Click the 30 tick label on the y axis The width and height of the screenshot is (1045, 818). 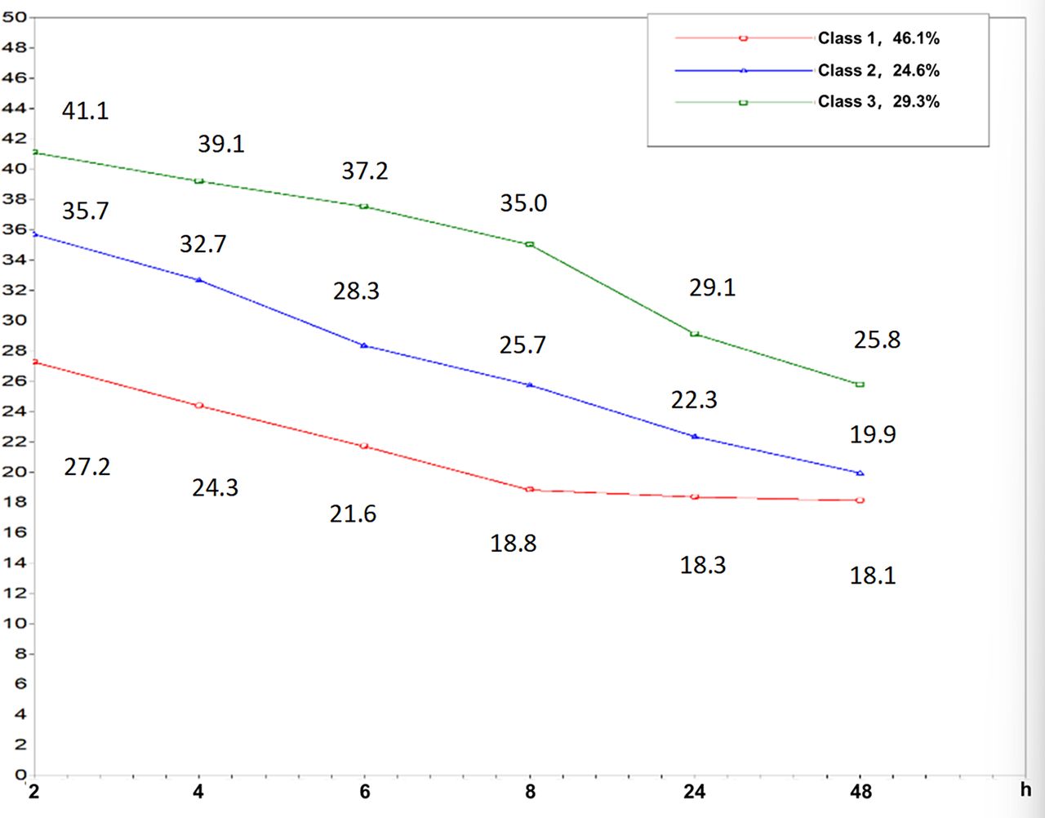(x=13, y=320)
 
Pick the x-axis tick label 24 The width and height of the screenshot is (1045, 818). (x=695, y=791)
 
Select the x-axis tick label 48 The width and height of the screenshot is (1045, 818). (x=860, y=791)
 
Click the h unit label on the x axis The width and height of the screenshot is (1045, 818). (x=1026, y=789)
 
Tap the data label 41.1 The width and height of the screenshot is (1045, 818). (x=86, y=111)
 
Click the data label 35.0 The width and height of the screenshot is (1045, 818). (x=523, y=203)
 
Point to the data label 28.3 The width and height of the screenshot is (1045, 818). (x=356, y=291)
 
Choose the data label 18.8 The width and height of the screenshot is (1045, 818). (x=514, y=544)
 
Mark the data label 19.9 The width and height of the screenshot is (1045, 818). (x=873, y=435)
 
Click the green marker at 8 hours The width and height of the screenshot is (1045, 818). (x=530, y=244)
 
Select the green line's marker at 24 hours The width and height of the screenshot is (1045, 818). (x=695, y=334)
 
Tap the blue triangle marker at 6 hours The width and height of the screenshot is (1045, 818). (x=364, y=345)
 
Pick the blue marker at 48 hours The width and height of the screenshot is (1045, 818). (x=860, y=473)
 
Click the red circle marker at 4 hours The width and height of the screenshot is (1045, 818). (x=199, y=406)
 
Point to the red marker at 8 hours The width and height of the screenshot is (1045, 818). (x=530, y=489)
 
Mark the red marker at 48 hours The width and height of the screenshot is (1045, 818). (x=860, y=500)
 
